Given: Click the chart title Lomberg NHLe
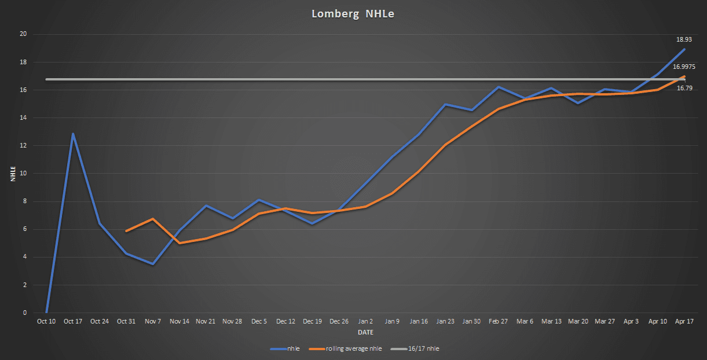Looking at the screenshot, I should point(353,14).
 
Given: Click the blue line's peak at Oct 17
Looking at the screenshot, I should point(73,134).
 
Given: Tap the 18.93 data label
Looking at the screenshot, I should point(684,40).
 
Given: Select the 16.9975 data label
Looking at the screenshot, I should point(684,67).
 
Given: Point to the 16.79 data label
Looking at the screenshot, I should point(684,88).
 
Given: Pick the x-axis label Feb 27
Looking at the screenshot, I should point(499,321).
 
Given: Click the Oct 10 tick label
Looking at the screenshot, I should point(46,321).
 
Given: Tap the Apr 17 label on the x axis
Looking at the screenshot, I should point(684,321).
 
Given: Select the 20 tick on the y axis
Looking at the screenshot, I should point(24,34).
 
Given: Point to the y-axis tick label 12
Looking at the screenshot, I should point(24,146).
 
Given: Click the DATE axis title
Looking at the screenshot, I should point(365,333).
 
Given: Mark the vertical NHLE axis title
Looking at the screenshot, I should point(12,173).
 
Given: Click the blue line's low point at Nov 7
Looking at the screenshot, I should point(153,264).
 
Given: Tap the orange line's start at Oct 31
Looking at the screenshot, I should point(126,231).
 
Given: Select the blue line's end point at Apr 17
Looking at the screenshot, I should point(684,49).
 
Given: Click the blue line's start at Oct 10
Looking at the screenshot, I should point(46,312).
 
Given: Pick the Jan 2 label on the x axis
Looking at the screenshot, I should point(365,321).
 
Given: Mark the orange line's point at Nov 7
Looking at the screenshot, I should point(153,219).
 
